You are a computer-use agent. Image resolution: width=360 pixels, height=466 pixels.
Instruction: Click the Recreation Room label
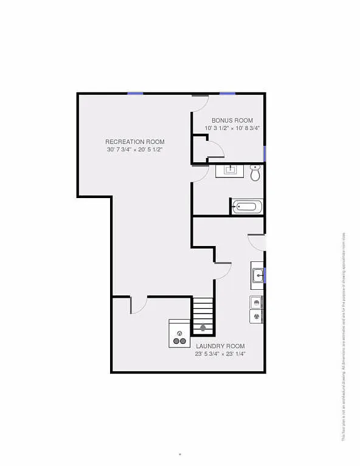[x=134, y=142]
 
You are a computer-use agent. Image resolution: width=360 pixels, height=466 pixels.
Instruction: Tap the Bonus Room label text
[x=232, y=120]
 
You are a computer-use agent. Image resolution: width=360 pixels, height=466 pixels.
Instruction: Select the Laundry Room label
[x=220, y=346]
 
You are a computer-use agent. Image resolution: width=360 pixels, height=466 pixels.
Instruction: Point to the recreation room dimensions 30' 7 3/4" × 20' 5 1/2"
[x=134, y=149]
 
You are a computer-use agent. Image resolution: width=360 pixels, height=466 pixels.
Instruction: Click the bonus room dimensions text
[x=232, y=128]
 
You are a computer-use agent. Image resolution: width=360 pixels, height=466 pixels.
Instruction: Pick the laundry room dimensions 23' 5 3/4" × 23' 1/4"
[x=220, y=354]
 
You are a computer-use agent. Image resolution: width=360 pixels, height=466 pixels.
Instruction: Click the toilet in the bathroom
[x=255, y=173]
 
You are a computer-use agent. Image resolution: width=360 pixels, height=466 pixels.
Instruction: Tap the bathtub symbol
[x=247, y=207]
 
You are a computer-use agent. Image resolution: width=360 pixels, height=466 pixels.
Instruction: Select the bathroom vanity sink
[x=230, y=170]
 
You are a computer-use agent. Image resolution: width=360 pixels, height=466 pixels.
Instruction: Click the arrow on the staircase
[x=203, y=327]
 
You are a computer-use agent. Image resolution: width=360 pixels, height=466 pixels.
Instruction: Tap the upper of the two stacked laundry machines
[x=257, y=302]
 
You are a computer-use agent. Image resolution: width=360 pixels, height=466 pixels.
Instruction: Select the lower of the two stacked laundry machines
[x=257, y=316]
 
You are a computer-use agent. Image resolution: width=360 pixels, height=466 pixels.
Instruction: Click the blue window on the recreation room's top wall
[x=135, y=93]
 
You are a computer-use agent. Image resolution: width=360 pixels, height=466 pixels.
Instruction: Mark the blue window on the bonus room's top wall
[x=227, y=93]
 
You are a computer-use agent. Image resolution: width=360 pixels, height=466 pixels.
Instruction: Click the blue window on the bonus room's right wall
[x=265, y=153]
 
